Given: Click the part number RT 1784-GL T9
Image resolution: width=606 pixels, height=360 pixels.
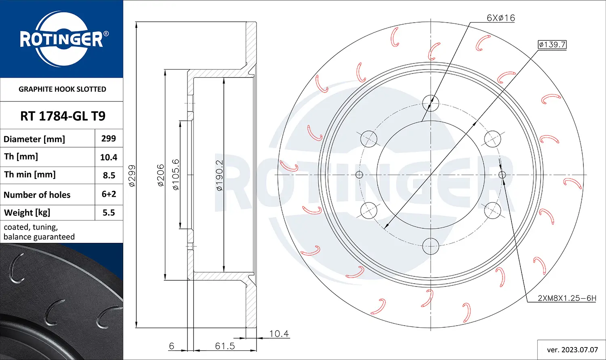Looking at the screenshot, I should pos(63,116).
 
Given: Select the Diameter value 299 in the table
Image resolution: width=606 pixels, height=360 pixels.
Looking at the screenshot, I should pos(109,139).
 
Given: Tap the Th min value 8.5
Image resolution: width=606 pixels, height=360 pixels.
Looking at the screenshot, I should pos(109,175).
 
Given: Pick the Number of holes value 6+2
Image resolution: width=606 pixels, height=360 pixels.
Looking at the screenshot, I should pos(109,194).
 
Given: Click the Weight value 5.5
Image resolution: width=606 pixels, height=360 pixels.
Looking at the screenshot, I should pos(109,213).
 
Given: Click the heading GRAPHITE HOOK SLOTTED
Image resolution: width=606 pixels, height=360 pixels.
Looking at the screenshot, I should pos(62,89).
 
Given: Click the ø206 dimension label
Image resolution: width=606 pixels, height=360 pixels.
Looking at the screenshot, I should pos(161,175).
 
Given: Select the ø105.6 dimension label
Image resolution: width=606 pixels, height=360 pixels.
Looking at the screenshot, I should pos(176,175).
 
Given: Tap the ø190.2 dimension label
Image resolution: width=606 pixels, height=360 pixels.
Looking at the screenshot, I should pos(219,175).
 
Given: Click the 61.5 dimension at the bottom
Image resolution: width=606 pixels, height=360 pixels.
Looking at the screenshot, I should pos(225,346).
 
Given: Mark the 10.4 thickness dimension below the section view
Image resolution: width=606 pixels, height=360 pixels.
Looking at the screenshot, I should pos(279,334).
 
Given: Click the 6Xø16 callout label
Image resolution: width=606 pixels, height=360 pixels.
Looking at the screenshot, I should pos(501,18).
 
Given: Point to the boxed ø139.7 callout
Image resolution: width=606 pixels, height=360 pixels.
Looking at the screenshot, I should pos(552,44).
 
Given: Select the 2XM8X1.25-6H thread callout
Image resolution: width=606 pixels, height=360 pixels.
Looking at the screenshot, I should pos(567,298).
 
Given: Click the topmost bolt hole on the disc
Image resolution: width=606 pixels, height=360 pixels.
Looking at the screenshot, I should pos(431,103).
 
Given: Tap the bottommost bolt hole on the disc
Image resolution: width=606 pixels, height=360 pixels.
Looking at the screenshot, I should pos(431,246).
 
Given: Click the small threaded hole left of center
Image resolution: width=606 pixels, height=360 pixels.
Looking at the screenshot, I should pos(359,175).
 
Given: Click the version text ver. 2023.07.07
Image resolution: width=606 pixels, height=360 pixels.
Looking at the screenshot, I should pos(572,349).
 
